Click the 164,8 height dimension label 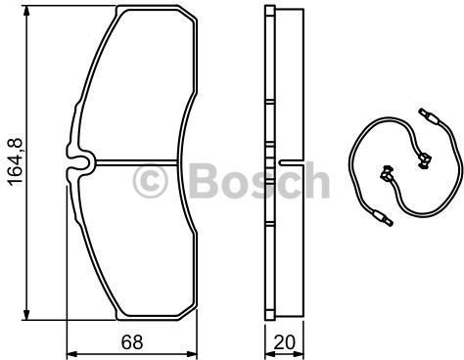(15, 162)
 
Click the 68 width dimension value (132, 342)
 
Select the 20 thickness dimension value (284, 342)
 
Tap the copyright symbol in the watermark (151, 181)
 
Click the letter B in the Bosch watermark (204, 181)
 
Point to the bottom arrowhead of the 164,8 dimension (26, 315)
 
